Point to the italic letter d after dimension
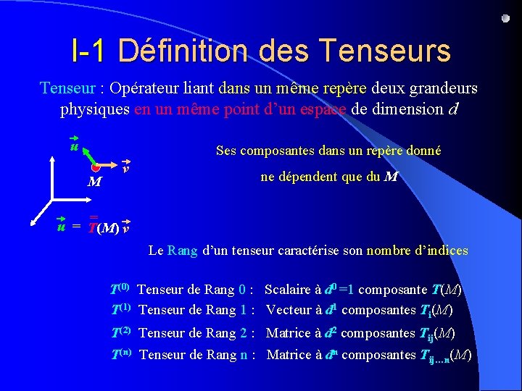pyautogui.click(x=454, y=110)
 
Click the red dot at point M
pyautogui.click(x=95, y=167)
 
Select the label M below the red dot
pyautogui.click(x=94, y=181)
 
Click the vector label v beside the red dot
pyautogui.click(x=126, y=167)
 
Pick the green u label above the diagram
pyautogui.click(x=73, y=147)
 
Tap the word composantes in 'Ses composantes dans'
pyautogui.click(x=277, y=151)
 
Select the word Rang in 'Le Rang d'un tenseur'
pyautogui.click(x=182, y=251)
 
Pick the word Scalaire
pyautogui.click(x=289, y=290)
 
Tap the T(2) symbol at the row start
pyautogui.click(x=120, y=332)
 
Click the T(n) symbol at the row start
pyautogui.click(x=120, y=354)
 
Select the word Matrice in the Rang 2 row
pyautogui.click(x=290, y=333)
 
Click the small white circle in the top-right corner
pyautogui.click(x=505, y=18)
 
